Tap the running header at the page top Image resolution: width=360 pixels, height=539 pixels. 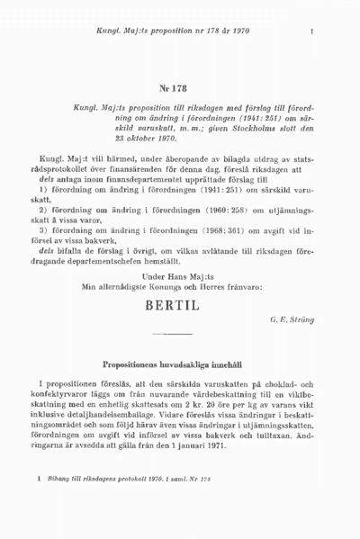click(168, 31)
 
